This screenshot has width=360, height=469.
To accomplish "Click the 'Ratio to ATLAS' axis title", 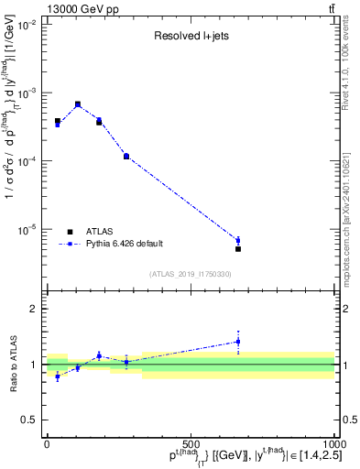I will [x=11, y=364].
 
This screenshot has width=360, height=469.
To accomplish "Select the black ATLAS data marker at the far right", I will [x=238, y=248].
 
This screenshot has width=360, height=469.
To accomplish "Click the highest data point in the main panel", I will [x=78, y=104].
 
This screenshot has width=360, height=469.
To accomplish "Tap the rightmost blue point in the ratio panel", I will [x=238, y=342].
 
